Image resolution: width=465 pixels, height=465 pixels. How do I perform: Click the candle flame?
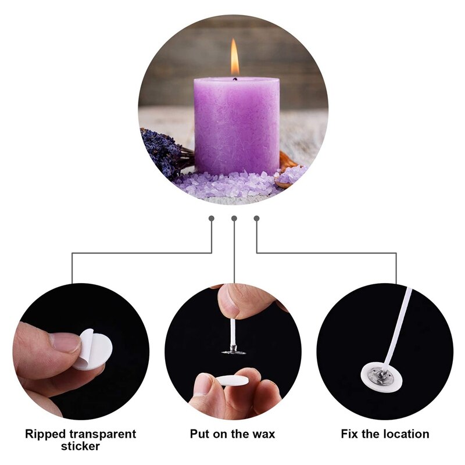point(235,58)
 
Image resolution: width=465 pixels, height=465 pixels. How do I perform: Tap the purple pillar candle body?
point(236,125)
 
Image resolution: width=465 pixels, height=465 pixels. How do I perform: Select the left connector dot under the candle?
point(212,219)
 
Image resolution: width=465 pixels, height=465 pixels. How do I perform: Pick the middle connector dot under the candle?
point(234,219)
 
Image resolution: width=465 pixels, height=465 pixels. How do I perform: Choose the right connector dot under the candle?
point(257,219)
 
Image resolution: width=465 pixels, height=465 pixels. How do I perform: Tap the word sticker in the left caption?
point(80,446)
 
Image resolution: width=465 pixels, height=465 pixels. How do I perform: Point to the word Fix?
point(350,434)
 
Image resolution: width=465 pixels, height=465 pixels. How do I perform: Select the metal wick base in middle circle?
point(234,350)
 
